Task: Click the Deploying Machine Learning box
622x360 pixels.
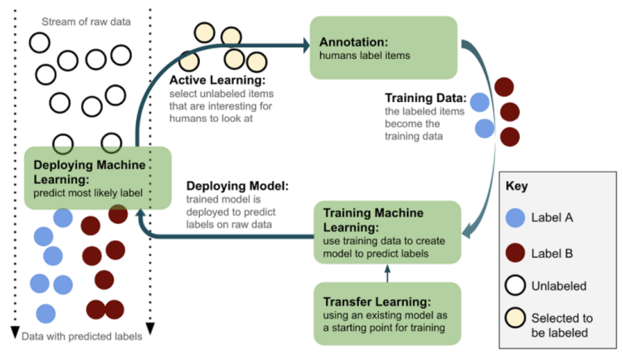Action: point(98,178)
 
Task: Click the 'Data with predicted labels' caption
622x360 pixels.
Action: point(81,336)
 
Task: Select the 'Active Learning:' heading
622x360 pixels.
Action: point(218,81)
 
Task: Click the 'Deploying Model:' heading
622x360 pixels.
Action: point(236,186)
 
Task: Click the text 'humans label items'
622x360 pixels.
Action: point(366,56)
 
